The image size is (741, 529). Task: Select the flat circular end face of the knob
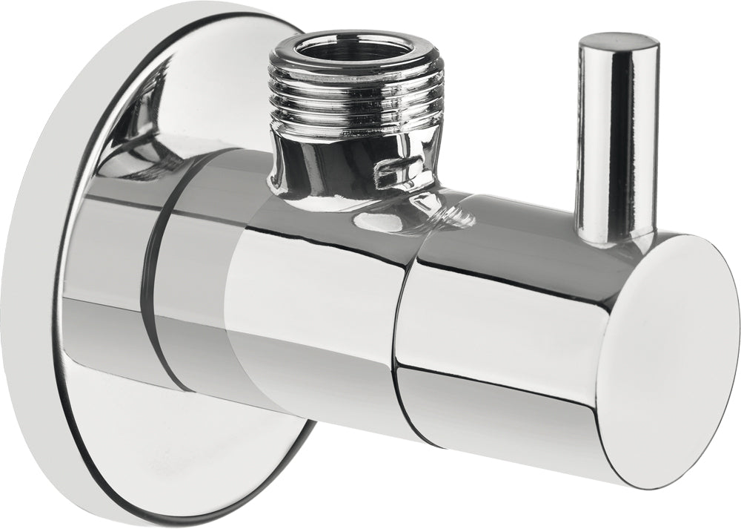coord(667,356)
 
